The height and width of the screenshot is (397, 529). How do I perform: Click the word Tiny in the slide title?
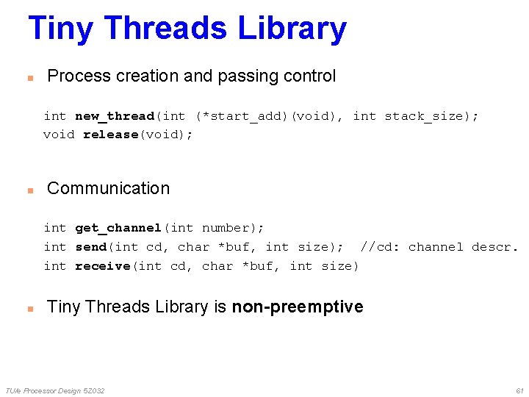[61, 29]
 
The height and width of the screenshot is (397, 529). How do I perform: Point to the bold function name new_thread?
[115, 116]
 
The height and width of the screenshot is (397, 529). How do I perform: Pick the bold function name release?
[110, 135]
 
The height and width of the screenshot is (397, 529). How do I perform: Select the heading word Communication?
[108, 188]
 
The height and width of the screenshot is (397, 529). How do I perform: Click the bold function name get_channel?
[118, 228]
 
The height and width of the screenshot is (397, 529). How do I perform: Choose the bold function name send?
[90, 247]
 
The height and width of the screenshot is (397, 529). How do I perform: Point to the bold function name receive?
[102, 266]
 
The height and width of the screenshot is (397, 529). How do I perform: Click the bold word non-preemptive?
[297, 307]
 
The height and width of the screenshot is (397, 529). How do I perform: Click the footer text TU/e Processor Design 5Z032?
[54, 390]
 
